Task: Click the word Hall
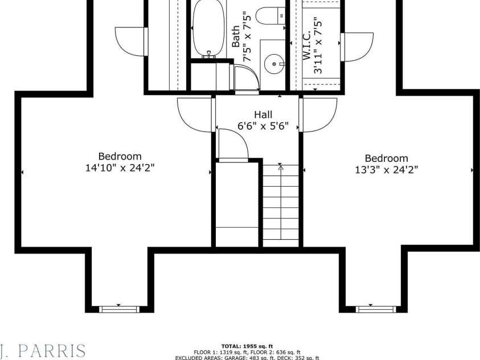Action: click(x=262, y=114)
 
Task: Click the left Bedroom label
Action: click(x=120, y=156)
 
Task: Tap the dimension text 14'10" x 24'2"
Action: click(x=120, y=167)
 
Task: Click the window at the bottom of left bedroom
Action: click(x=119, y=309)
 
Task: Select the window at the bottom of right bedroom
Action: click(x=375, y=309)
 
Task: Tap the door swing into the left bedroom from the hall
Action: click(x=195, y=114)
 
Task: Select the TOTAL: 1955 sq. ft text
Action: click(x=247, y=346)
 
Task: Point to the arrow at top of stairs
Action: click(x=280, y=167)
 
